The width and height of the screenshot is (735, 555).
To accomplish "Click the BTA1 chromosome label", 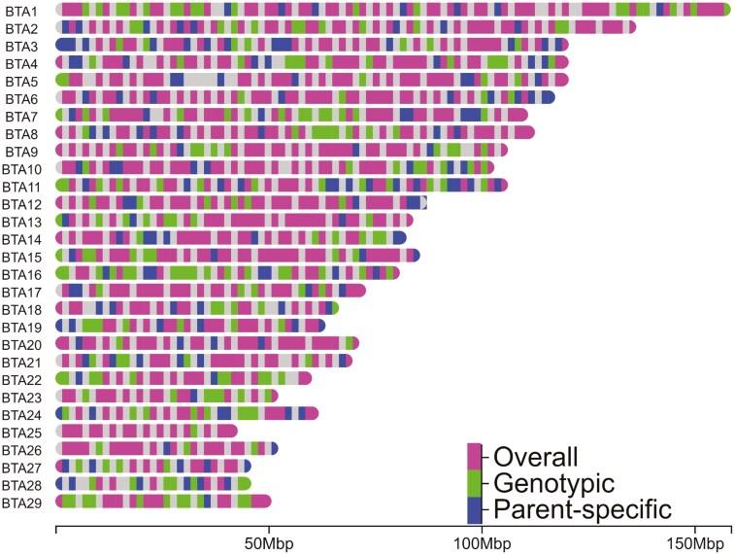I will [21, 10].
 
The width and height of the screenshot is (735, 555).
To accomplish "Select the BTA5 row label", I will [21, 80].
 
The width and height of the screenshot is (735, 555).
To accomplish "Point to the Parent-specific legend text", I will [582, 508].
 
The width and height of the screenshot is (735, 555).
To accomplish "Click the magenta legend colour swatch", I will [475, 457].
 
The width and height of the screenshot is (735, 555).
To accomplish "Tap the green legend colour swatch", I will [475, 483].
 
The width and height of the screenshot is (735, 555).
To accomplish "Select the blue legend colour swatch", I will [475, 509].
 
